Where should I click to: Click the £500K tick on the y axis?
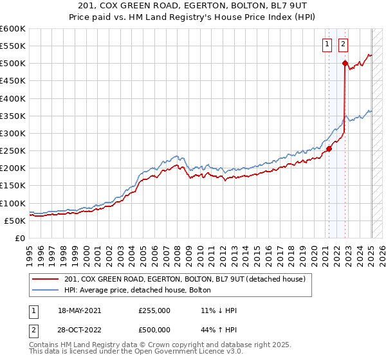13,64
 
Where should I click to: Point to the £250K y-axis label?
13,151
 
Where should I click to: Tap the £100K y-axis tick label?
13,203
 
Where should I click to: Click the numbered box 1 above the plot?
327,44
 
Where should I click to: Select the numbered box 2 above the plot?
343,44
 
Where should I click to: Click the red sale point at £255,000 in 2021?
329,149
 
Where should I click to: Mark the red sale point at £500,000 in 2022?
345,64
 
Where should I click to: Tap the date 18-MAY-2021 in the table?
80,310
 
